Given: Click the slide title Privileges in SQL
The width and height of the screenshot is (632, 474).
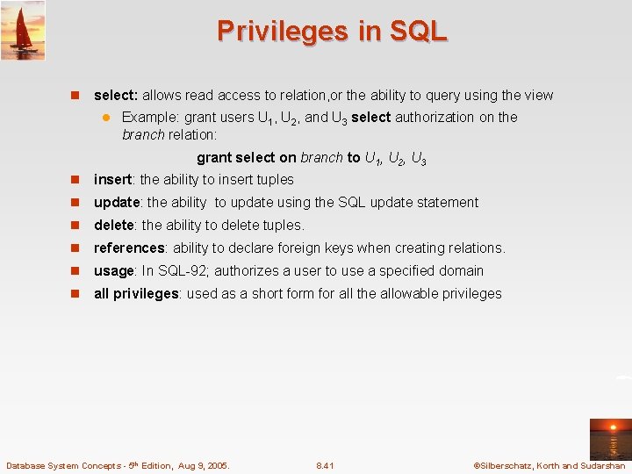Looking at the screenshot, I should coord(332,31).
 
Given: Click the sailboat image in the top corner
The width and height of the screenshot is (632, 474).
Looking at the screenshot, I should coord(23,31).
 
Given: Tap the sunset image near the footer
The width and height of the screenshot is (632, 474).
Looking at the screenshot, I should coord(610,439).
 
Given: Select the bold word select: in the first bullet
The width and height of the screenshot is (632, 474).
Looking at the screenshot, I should coord(116,95).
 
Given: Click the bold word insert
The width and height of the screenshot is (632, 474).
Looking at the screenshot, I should coord(112,179).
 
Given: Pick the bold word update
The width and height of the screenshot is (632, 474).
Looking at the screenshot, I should coord(117,202).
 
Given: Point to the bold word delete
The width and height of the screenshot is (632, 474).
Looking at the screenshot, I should coord(114,225).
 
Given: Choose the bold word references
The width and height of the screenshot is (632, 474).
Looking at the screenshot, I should coord(129,248).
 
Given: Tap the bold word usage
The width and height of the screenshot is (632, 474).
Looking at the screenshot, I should coord(113,270).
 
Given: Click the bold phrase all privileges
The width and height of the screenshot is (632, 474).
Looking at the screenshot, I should coord(136,293).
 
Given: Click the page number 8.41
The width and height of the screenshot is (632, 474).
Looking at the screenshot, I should coord(325,465).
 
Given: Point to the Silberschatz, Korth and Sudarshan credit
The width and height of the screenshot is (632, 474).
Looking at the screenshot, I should coord(549,465).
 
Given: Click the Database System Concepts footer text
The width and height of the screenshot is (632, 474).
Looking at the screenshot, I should coord(118,465).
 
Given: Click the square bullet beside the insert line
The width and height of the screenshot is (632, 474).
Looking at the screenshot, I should coord(75,180).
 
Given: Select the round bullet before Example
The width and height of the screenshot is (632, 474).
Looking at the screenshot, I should coord(104,118).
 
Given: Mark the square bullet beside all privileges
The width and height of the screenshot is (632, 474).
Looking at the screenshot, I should coord(75,294).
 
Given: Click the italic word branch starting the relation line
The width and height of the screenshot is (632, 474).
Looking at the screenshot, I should coord(143,135).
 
